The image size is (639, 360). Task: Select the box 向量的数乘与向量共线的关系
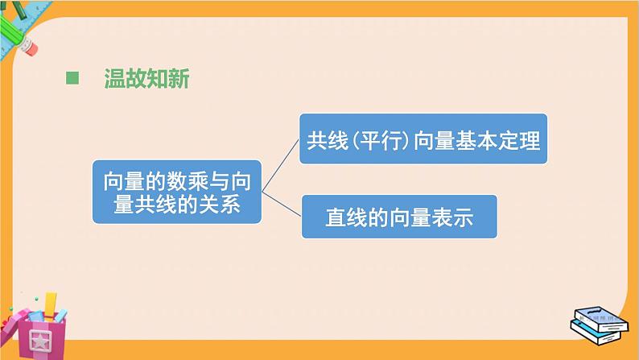177,191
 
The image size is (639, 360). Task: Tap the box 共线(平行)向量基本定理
423,140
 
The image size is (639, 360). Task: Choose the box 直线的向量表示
398,216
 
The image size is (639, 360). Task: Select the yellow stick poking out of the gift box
50,304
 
